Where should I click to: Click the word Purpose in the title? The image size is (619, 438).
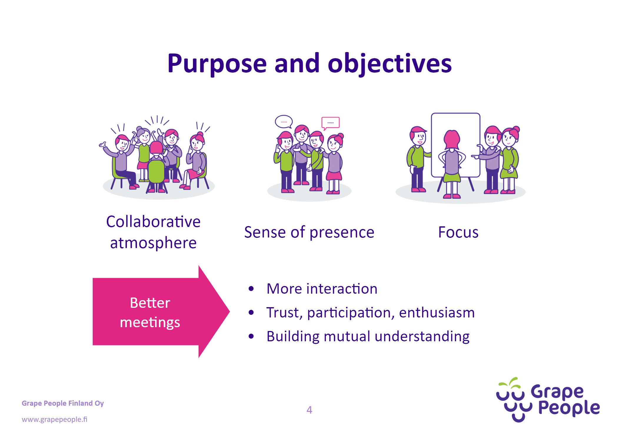click(x=217, y=64)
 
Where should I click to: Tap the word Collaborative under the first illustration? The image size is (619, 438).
click(x=153, y=222)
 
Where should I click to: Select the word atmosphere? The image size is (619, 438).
click(x=153, y=243)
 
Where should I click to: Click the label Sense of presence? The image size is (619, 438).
click(x=309, y=232)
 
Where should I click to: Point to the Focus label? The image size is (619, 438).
click(x=458, y=232)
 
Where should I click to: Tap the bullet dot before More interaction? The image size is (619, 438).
click(x=251, y=289)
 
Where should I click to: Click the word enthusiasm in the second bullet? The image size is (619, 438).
click(x=437, y=312)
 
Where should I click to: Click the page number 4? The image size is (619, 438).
click(x=309, y=410)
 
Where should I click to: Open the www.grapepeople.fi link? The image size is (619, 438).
click(x=54, y=419)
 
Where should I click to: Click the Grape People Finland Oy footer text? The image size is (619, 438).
click(x=63, y=403)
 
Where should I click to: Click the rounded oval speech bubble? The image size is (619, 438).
click(x=284, y=121)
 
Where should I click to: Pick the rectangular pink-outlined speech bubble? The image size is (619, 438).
click(x=330, y=122)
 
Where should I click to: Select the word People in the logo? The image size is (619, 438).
click(x=568, y=408)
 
